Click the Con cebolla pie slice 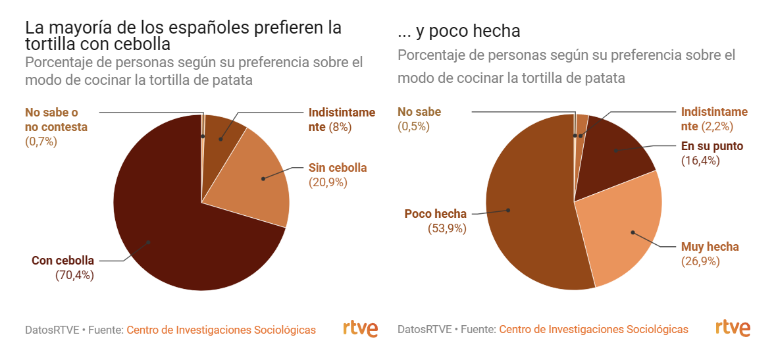click(x=178, y=237)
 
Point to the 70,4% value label click(x=74, y=275)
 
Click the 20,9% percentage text click(x=328, y=182)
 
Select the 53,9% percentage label click(x=447, y=228)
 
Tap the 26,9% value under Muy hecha click(x=700, y=261)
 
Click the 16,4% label click(x=700, y=161)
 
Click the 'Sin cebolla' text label click(x=338, y=168)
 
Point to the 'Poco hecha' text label click(x=435, y=214)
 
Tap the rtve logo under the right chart click(x=733, y=328)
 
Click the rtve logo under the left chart click(x=360, y=328)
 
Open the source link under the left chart click(x=220, y=330)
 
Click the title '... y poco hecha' click(x=459, y=31)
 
